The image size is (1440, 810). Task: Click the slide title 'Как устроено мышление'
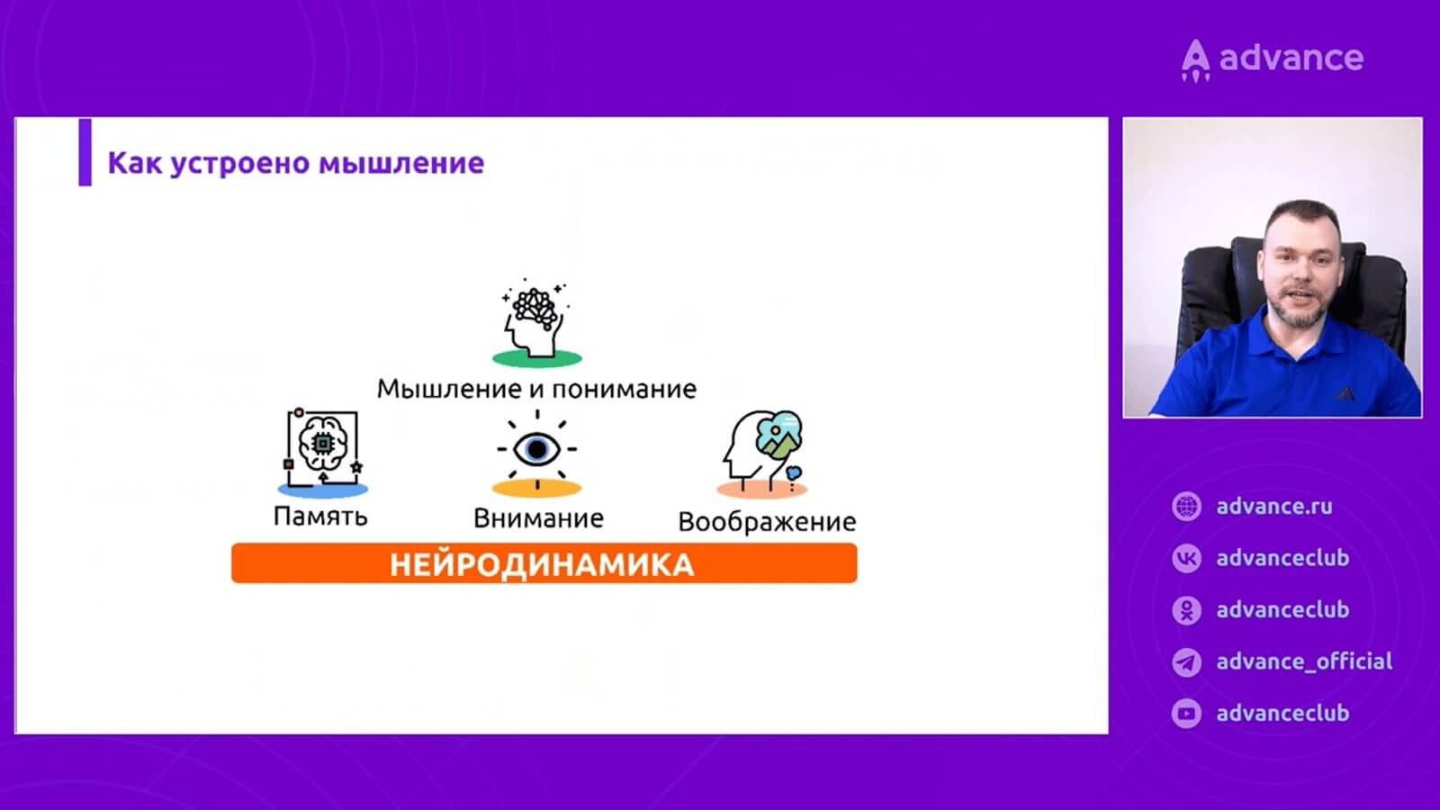pos(296,163)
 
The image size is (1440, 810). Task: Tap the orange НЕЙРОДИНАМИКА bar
pos(544,563)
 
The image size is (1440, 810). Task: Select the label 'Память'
pos(320,517)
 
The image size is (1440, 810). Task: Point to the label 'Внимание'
pos(538,518)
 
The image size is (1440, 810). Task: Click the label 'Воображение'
pos(767,522)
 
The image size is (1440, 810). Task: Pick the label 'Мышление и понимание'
pos(536,389)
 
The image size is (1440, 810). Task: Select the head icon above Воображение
pos(763,454)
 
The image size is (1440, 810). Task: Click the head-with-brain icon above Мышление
pos(536,322)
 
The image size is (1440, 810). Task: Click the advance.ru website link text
pos(1274,507)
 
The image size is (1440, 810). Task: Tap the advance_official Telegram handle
pos(1304,661)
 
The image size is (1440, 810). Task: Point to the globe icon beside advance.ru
pos(1186,507)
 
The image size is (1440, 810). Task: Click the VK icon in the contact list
pos(1186,558)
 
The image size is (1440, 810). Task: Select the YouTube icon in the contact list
pos(1186,713)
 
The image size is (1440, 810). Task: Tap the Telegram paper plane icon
pos(1186,661)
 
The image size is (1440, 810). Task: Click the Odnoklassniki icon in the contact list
pos(1186,610)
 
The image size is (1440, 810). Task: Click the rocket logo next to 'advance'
pos(1195,60)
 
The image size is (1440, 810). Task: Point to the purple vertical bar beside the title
pos(85,152)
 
